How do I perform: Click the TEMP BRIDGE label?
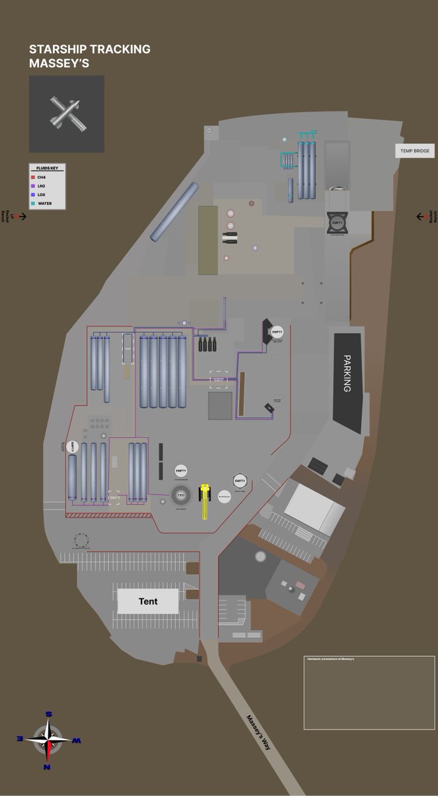pyautogui.click(x=415, y=151)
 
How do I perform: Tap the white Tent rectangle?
pyautogui.click(x=148, y=601)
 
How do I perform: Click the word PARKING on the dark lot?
pyautogui.click(x=346, y=373)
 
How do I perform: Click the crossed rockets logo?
pyautogui.click(x=66, y=113)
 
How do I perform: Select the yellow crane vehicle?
pyautogui.click(x=205, y=499)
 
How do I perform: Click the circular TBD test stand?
pyautogui.click(x=181, y=494)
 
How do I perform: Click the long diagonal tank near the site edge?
pyautogui.click(x=175, y=212)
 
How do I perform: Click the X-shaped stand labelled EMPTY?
pyautogui.click(x=338, y=223)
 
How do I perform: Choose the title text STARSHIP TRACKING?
pyautogui.click(x=90, y=49)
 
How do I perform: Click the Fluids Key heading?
pyautogui.click(x=46, y=168)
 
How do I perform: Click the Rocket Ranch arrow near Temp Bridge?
pyautogui.click(x=421, y=217)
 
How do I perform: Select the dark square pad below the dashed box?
pyautogui.click(x=220, y=405)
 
